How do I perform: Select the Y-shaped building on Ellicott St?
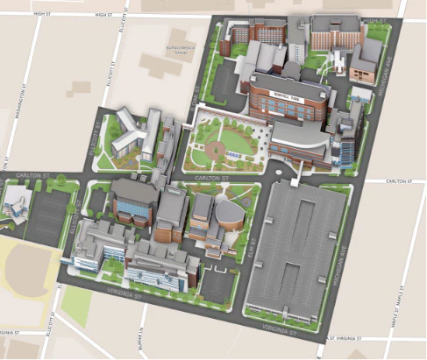(x=127, y=137)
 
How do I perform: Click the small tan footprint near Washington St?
(x=80, y=88)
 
